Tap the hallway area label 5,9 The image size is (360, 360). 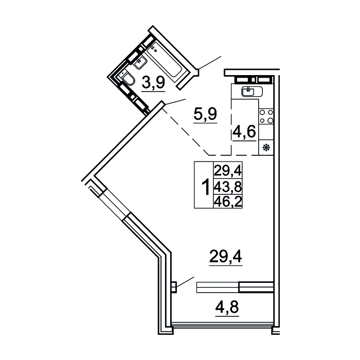coord(205,113)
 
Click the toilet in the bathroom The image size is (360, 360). coord(127,78)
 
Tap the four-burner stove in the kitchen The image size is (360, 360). coord(266,116)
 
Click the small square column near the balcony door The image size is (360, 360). coord(174,286)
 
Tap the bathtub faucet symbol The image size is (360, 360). coord(153,48)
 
